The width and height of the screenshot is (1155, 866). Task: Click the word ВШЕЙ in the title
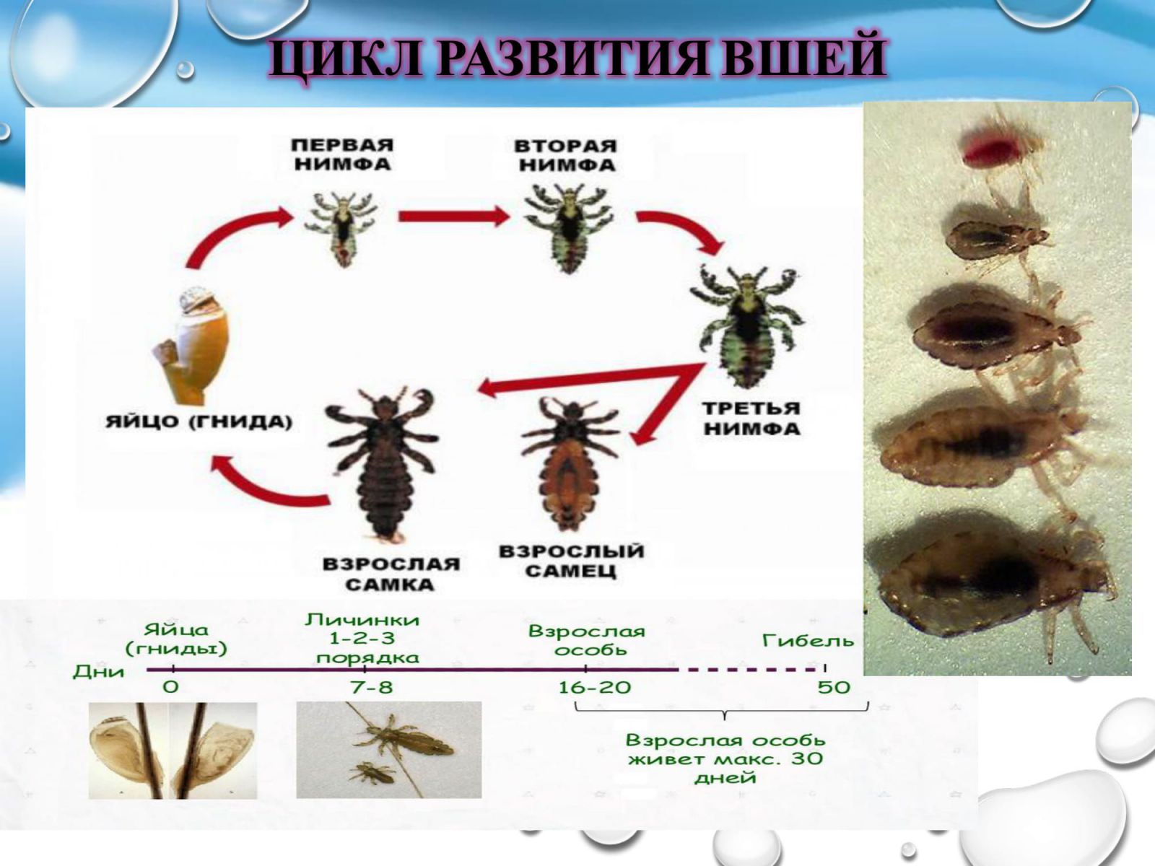803,57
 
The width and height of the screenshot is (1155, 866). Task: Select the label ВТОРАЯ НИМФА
566,156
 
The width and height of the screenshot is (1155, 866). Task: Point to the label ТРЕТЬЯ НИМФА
752,419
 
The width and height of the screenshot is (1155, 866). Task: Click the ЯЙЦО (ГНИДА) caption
199,421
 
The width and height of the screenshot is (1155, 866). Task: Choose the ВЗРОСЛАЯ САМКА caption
391,574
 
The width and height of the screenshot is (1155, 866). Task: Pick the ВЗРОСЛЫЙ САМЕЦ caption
572,561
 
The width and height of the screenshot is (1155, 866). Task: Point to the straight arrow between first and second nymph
453,216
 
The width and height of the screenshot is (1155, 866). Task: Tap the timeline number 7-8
372,687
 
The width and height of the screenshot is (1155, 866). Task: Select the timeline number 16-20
595,687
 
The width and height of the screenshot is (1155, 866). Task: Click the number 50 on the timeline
834,687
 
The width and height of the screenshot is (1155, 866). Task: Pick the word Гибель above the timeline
808,640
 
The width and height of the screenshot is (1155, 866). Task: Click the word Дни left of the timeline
99,671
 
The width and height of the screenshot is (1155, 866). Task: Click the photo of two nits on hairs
173,751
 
